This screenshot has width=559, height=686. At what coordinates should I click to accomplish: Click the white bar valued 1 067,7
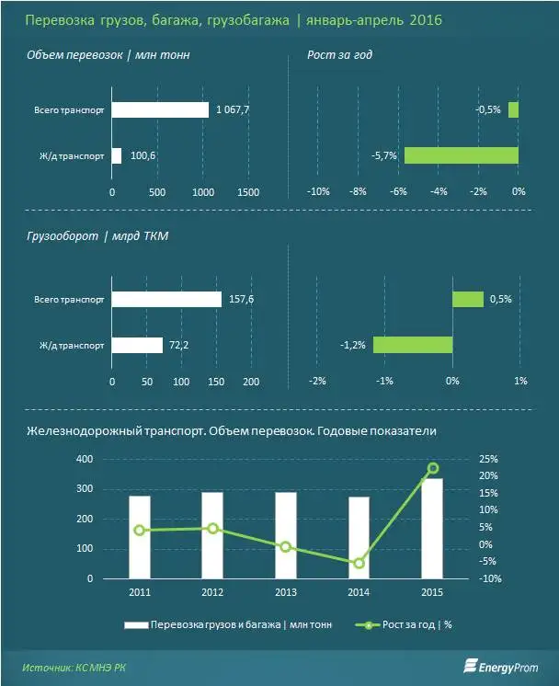point(160,109)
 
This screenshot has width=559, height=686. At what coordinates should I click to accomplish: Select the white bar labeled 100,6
point(117,155)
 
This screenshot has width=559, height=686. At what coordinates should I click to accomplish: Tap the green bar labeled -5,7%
point(462,155)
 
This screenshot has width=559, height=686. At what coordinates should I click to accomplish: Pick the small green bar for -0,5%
point(514,109)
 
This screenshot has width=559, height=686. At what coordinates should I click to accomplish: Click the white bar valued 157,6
point(166,300)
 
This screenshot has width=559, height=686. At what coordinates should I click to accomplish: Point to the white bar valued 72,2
point(137,346)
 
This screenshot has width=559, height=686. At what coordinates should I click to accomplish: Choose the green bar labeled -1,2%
point(413,346)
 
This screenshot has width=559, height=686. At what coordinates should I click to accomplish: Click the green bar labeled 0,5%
point(468,300)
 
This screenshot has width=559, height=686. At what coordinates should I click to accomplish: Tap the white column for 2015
point(433,529)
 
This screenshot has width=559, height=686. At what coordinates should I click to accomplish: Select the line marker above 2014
point(359,563)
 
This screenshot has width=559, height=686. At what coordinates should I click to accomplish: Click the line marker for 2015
point(433,468)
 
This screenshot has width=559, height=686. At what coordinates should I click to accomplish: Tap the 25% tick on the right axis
point(489,459)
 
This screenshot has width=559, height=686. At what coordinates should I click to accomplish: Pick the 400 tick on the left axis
point(85,459)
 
